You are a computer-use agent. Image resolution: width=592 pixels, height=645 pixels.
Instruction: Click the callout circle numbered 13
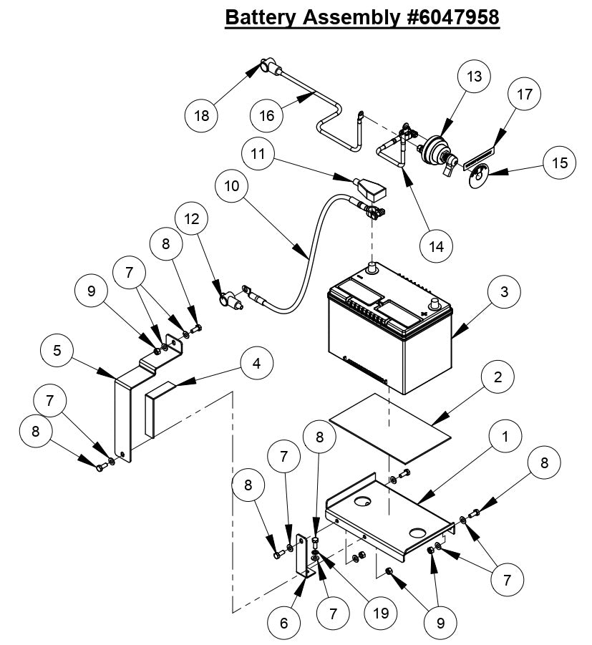474,77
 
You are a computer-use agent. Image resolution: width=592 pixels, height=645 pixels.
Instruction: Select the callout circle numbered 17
524,94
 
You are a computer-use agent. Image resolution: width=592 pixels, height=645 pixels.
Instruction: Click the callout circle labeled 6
284,623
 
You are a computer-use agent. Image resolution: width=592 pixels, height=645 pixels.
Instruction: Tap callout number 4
255,364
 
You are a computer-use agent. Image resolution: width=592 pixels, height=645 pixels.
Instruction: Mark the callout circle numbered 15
559,163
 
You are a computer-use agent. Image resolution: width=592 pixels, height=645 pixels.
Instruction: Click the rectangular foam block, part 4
161,410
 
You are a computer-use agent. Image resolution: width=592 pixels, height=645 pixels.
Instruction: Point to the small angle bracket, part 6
306,561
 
